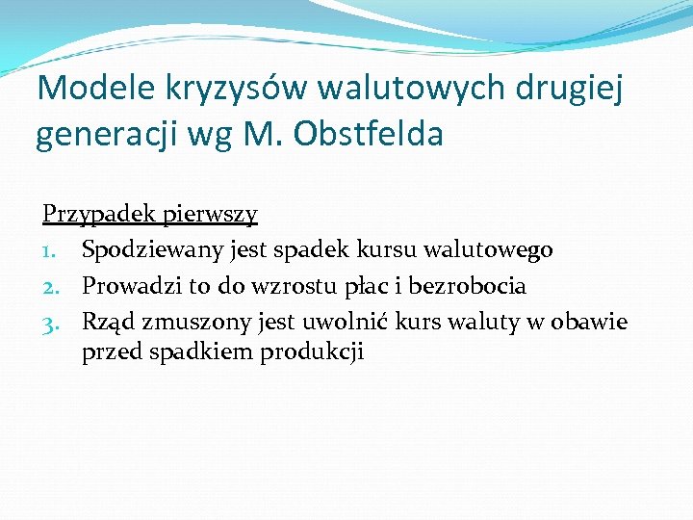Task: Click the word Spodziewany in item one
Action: (x=152, y=250)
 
